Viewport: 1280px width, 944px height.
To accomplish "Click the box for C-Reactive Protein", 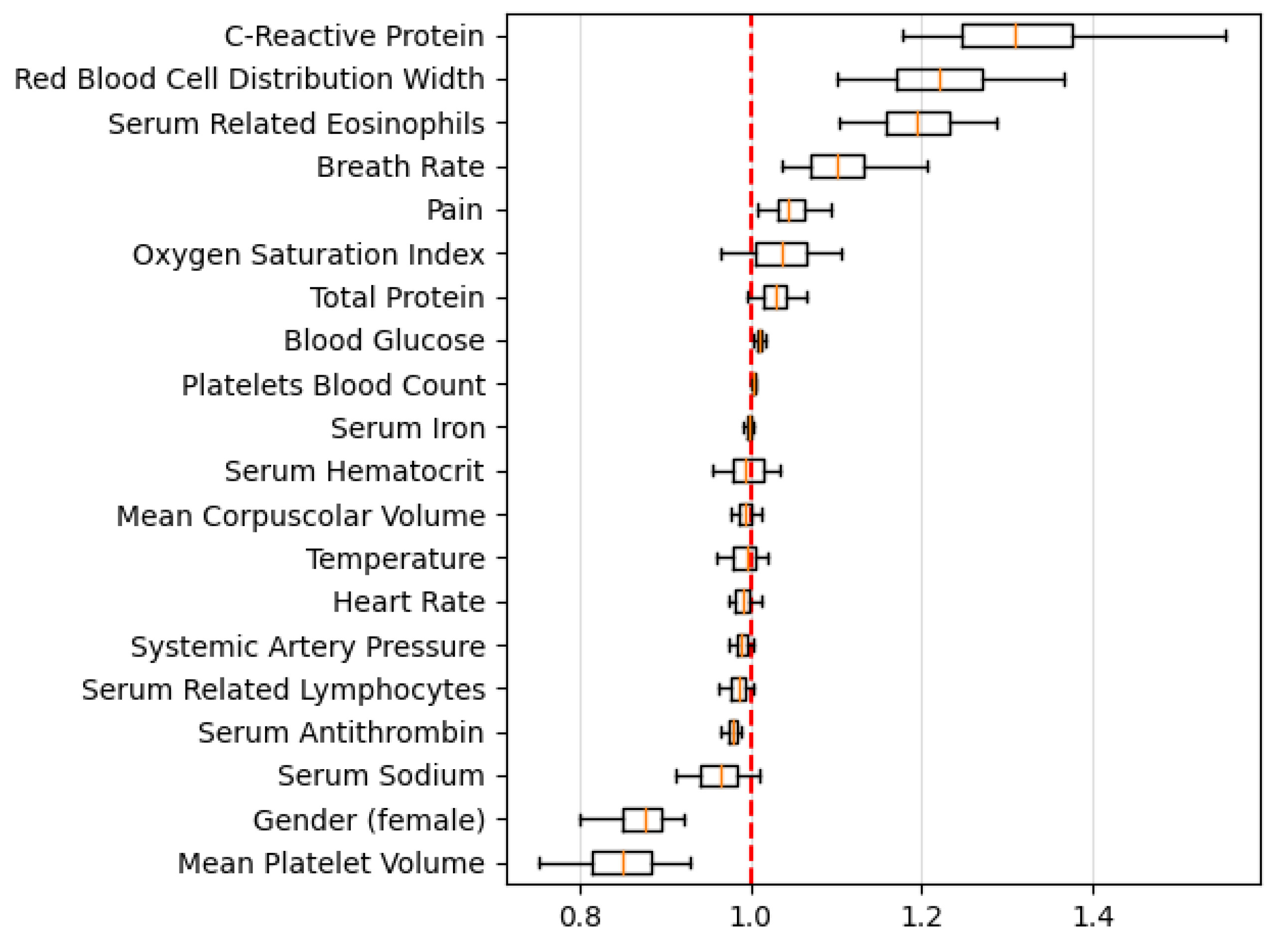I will tap(1017, 36).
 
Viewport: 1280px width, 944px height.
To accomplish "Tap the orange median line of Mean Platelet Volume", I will tap(623, 863).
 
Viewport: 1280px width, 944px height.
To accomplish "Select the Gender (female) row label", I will tap(369, 820).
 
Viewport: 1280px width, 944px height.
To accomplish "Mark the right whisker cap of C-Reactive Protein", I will tap(1226, 36).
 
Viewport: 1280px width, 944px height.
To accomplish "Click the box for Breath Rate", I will tap(838, 167).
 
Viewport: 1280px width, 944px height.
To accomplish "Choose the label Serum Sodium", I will tap(381, 776).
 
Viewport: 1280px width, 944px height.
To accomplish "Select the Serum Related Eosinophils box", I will tap(918, 124).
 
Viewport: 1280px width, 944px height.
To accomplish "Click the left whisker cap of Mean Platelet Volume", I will tap(540, 863).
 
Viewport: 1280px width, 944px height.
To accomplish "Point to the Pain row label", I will tap(455, 210).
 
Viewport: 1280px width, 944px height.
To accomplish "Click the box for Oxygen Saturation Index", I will tap(782, 254).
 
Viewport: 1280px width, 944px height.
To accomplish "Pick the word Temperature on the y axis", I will tap(396, 558).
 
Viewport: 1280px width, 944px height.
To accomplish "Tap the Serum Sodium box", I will tap(719, 776).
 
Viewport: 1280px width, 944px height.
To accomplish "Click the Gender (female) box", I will tap(643, 820).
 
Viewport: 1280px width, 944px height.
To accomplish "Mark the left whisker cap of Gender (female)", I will tap(580, 820).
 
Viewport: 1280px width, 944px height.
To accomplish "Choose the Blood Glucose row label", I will tap(384, 341).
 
